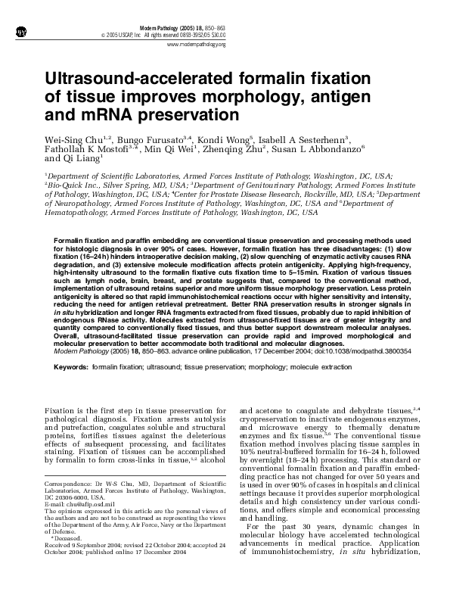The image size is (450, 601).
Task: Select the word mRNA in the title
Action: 93,117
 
